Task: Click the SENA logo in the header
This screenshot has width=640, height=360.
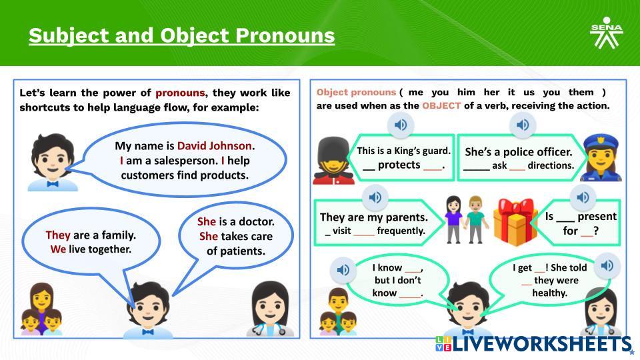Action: click(606, 33)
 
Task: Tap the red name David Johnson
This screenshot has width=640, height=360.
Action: click(214, 146)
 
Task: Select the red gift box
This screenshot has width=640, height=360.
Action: click(515, 221)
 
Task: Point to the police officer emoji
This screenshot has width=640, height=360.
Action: click(601, 159)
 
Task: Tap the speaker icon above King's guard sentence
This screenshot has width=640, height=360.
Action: click(401, 125)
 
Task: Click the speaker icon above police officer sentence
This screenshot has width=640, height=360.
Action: click(523, 125)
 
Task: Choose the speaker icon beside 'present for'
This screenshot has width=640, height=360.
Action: click(583, 197)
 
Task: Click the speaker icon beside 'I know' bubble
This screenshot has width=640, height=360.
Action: click(343, 270)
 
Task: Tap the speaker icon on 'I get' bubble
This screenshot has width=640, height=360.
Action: click(607, 266)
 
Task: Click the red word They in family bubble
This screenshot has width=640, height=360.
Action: click(58, 235)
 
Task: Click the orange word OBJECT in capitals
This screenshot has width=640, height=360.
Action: click(441, 106)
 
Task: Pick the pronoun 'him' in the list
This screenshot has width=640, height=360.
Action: click(466, 92)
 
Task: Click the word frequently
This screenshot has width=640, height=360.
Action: click(401, 231)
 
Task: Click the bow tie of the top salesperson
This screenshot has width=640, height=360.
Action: click(53, 184)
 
